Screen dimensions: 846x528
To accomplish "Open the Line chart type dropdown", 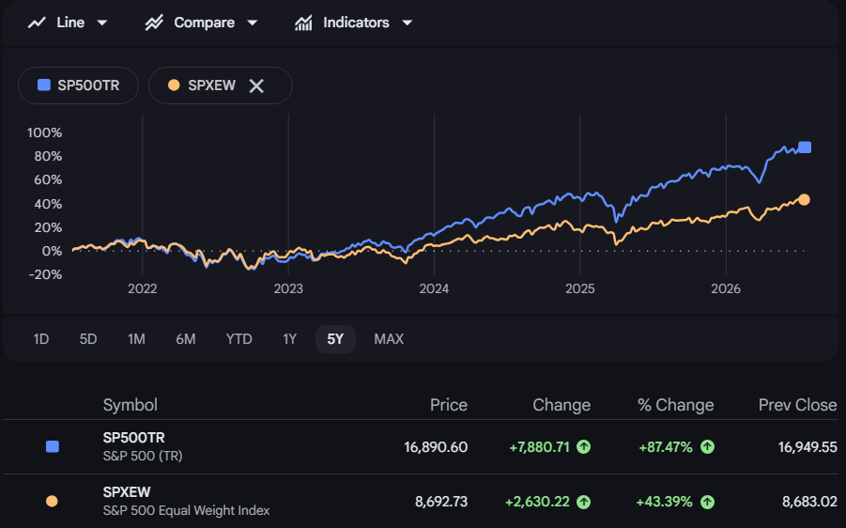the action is [x=68, y=23].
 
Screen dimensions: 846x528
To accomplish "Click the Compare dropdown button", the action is [x=201, y=23].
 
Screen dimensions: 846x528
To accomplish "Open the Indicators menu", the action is [x=353, y=23].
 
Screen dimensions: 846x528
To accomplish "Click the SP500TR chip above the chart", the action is [x=78, y=85].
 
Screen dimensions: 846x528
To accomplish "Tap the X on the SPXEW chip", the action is [x=256, y=85].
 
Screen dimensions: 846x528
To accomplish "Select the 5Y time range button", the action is [x=335, y=339].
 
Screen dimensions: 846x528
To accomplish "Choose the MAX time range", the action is [x=389, y=339].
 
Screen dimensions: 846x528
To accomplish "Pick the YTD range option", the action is [x=238, y=339].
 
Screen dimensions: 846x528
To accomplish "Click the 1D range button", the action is [x=41, y=339].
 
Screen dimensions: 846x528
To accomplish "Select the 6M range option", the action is [x=186, y=339].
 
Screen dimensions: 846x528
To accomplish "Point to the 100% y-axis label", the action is [x=44, y=132].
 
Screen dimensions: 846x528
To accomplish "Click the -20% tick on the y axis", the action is [x=45, y=274].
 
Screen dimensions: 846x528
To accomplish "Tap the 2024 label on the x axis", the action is [x=434, y=288].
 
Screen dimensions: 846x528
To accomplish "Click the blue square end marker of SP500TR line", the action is [x=805, y=148].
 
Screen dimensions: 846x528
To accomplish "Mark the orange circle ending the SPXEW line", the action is [x=804, y=200].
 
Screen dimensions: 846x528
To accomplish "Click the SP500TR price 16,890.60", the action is [x=436, y=447].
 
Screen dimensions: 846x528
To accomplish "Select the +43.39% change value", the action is [x=665, y=502].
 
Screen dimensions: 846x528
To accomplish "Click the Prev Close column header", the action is [x=797, y=405].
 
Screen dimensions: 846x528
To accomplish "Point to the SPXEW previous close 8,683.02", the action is [x=809, y=502].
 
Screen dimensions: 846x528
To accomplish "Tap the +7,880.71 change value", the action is [x=539, y=447].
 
